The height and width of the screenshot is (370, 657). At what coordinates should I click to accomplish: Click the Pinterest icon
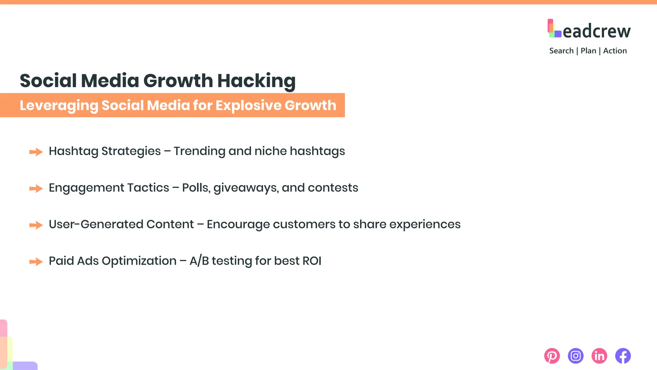pyautogui.click(x=552, y=356)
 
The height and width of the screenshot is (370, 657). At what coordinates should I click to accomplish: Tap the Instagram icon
pyautogui.click(x=576, y=356)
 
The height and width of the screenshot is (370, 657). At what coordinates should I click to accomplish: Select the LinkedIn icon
pyautogui.click(x=599, y=356)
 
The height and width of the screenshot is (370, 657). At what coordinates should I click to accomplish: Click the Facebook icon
pyautogui.click(x=623, y=356)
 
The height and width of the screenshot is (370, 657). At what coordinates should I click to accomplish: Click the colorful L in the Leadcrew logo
pyautogui.click(x=554, y=29)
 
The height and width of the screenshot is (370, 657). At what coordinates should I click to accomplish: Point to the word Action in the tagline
pyautogui.click(x=615, y=51)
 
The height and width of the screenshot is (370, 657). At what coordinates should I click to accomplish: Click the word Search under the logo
pyautogui.click(x=561, y=51)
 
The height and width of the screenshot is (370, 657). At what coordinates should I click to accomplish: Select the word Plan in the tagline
pyautogui.click(x=588, y=51)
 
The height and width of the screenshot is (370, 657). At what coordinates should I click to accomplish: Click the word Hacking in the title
pyautogui.click(x=256, y=81)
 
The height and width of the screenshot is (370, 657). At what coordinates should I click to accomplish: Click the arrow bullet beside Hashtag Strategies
pyautogui.click(x=36, y=152)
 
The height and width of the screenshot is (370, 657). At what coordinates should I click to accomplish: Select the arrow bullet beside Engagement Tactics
pyautogui.click(x=36, y=188)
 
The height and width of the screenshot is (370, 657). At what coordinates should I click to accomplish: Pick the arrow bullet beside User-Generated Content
pyautogui.click(x=36, y=225)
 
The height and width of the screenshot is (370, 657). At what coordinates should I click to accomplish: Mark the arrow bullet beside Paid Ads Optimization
pyautogui.click(x=36, y=261)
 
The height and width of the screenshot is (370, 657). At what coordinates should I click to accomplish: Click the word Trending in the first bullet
pyautogui.click(x=199, y=151)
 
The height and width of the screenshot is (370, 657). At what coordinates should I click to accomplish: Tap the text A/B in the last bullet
pyautogui.click(x=199, y=261)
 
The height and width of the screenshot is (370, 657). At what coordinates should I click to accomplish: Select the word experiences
pyautogui.click(x=425, y=225)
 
